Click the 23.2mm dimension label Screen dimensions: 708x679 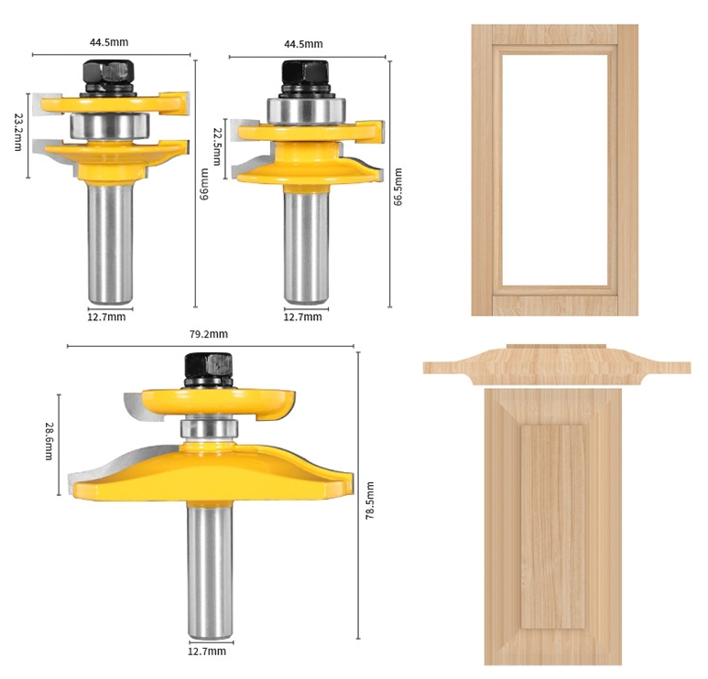18,132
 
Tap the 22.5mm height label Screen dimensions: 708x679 218,146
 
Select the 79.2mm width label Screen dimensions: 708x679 209,334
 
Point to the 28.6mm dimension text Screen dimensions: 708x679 49,441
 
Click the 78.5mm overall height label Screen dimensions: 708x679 370,501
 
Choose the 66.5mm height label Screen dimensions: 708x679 398,187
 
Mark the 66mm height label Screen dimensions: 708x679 204,184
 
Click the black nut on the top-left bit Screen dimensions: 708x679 108,72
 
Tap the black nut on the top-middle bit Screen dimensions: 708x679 305,73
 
